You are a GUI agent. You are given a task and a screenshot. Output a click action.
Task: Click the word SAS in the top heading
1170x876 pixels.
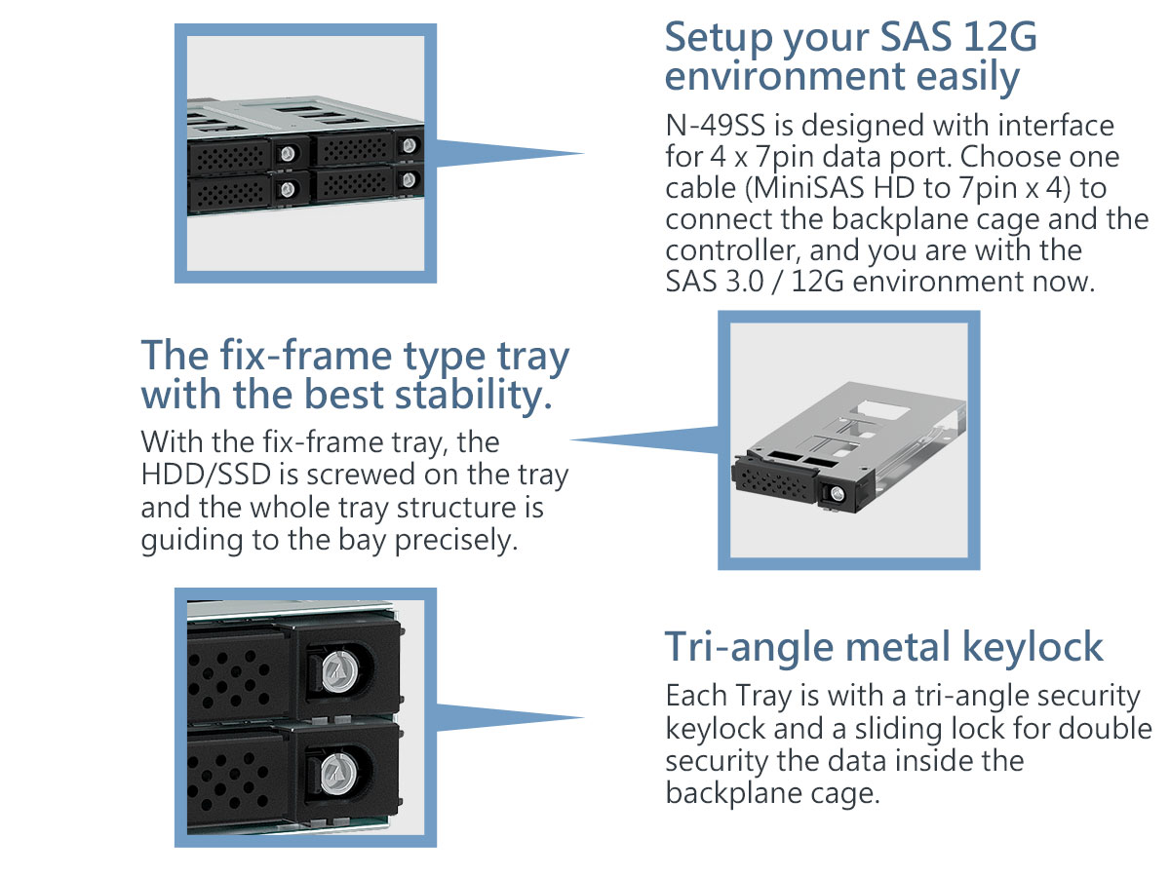(915, 37)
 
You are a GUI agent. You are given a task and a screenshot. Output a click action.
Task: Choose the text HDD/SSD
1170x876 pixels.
(206, 474)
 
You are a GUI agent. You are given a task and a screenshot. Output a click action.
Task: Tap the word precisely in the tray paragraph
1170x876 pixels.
(456, 541)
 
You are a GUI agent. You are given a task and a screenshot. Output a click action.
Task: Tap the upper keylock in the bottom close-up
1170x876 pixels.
(338, 667)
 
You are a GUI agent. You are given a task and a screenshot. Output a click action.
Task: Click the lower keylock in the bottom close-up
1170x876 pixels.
(338, 774)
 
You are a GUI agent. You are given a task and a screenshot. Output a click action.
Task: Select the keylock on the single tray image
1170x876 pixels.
(837, 494)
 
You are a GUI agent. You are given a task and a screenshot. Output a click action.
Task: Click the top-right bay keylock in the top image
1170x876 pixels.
(409, 145)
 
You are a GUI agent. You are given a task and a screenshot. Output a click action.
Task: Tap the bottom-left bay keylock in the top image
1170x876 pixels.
(288, 188)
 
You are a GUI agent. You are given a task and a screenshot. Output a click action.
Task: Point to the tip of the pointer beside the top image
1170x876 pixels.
(584, 153)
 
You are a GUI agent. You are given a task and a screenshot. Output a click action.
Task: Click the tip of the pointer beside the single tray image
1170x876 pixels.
(571, 439)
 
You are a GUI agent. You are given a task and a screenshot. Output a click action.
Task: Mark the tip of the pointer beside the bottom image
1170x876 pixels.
(584, 717)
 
